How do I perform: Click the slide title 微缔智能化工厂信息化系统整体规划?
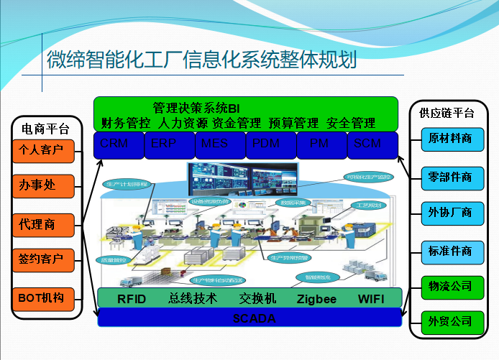pyautogui.click(x=201, y=59)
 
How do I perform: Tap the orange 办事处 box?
pyautogui.click(x=43, y=186)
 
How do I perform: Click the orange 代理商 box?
pyautogui.click(x=43, y=224)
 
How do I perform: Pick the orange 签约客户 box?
pyautogui.click(x=43, y=259)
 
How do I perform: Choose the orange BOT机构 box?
pyautogui.click(x=43, y=297)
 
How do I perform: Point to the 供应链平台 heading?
pyautogui.click(x=447, y=113)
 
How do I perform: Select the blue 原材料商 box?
pyautogui.click(x=451, y=139)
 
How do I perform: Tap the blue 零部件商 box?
pyautogui.click(x=451, y=176)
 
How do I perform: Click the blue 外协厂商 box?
pyautogui.click(x=451, y=212)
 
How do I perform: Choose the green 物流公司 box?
pyautogui.click(x=451, y=286)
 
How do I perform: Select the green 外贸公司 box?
pyautogui.click(x=451, y=320)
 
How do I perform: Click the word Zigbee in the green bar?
pyautogui.click(x=316, y=299)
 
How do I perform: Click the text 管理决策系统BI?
pyautogui.click(x=196, y=108)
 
